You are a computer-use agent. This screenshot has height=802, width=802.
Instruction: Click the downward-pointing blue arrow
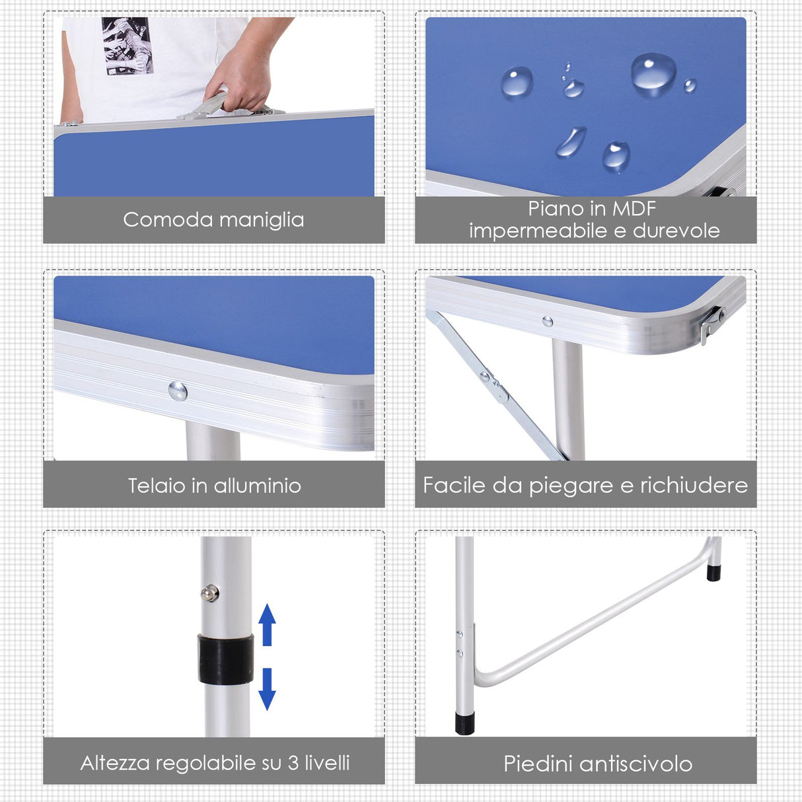267,688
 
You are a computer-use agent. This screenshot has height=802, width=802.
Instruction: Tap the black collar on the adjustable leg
225,659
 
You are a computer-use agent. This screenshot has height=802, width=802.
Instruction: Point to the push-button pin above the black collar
210,593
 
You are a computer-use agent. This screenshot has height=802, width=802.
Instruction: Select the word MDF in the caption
634,209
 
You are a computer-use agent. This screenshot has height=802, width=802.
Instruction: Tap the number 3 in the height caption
293,763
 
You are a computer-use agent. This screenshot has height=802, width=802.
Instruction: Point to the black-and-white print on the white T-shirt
128,46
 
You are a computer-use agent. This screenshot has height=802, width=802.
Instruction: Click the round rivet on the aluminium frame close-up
178,391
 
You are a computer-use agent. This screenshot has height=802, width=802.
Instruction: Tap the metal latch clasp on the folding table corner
712,323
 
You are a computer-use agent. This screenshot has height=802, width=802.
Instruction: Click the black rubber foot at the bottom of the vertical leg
465,721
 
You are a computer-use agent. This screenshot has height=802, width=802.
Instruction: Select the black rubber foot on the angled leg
714,571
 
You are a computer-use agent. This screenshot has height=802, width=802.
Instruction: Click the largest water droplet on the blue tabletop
653,73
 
